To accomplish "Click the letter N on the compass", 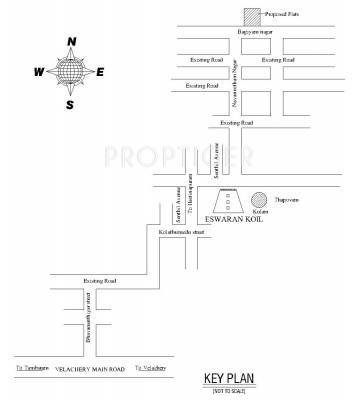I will pos(72,42).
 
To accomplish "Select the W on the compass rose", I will pos(38,72).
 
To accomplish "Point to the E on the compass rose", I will pos(101,72).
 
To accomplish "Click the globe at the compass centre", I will pos(70,73).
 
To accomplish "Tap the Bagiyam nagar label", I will pos(252,34).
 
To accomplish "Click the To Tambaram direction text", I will pos(31,369).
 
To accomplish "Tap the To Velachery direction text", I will pos(151,369).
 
